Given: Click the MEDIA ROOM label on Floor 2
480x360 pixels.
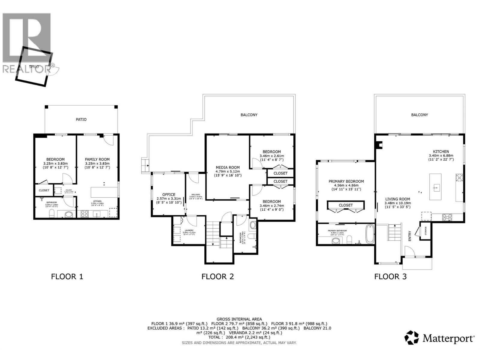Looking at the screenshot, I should (228, 167).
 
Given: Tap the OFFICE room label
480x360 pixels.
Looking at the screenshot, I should (169, 194).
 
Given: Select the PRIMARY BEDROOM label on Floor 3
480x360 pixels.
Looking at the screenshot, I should (346, 181).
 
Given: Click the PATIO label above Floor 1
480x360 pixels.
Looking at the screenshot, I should (81, 119).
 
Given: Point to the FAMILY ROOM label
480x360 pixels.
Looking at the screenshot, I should (97, 159).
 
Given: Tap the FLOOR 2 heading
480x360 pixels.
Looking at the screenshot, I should (217, 276).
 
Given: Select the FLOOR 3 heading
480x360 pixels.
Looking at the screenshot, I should (390, 276).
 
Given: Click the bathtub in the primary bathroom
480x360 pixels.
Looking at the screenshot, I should (370, 234).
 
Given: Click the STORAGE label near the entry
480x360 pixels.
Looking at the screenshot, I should (425, 231).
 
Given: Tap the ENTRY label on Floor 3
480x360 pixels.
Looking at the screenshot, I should (410, 236).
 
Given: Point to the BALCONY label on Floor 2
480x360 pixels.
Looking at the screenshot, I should (249, 115).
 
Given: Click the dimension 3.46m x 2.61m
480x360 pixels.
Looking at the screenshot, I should (271, 156).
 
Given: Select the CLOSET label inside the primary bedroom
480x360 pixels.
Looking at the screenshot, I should (346, 205).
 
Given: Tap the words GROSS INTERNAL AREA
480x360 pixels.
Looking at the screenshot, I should (239, 319).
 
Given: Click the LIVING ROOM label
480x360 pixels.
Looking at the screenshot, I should (397, 199).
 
